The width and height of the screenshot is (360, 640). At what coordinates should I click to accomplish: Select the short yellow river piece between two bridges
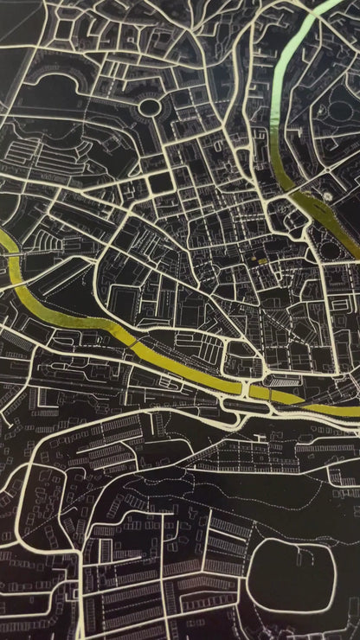point(259,392)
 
